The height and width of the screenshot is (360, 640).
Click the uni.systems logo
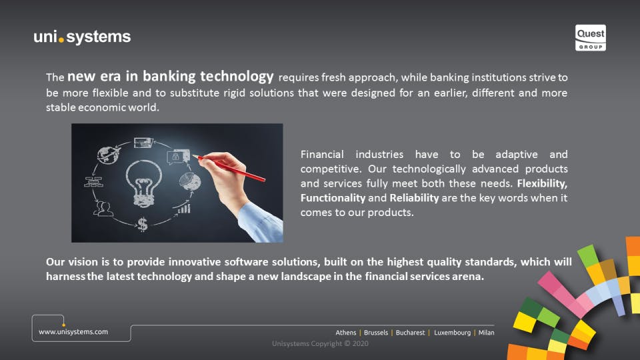click(82, 37)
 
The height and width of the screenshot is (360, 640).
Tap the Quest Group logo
click(590, 37)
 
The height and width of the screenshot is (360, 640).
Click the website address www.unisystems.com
click(73, 332)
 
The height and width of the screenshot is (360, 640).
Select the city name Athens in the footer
click(346, 333)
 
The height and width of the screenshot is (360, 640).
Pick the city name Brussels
click(376, 333)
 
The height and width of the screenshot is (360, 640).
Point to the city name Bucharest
click(410, 333)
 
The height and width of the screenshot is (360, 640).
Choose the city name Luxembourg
click(452, 333)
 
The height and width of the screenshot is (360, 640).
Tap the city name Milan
click(486, 333)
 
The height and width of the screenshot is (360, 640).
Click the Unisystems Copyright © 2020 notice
click(321, 344)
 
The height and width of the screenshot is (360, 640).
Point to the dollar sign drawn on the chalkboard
click(143, 224)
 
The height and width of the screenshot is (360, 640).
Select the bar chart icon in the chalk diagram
click(184, 209)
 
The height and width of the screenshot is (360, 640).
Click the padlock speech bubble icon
click(178, 157)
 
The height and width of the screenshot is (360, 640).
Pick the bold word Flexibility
click(542, 184)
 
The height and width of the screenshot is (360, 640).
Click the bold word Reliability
click(414, 198)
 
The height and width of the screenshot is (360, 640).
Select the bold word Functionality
click(333, 198)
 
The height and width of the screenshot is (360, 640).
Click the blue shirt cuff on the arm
click(261, 223)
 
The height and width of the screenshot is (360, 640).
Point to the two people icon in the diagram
click(103, 209)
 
